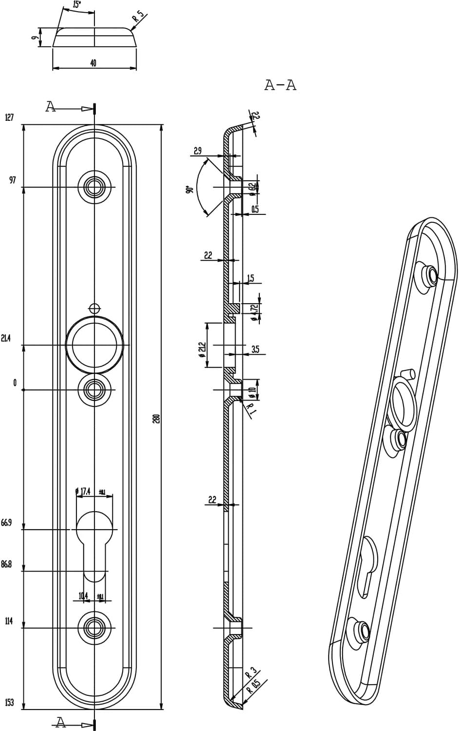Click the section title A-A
pos(280,85)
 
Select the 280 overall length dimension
pos(157,419)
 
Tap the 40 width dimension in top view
pos(93,63)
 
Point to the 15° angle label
pos(76,5)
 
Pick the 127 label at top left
pos(9,117)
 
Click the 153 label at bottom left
pos(9,703)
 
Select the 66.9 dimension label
pos(6,523)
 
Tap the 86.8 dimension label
pos(6,564)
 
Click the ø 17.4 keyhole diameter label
pos(83,491)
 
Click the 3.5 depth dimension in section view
pos(256,349)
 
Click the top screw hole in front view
pos(94,187)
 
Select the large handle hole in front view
pos(94,345)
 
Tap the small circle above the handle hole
pos(94,308)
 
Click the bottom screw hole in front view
pos(94,628)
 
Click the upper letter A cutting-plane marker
pos(51,107)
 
